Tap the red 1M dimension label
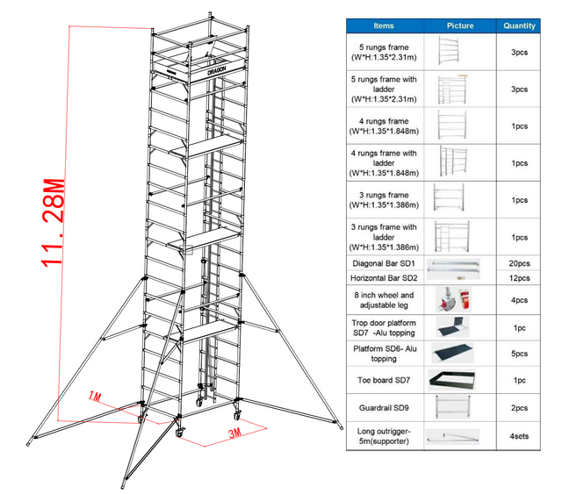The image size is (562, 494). pyautogui.click(x=97, y=397)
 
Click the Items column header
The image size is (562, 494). pyautogui.click(x=383, y=25)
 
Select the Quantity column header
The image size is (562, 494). pyautogui.click(x=520, y=25)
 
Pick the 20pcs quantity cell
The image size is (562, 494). pyautogui.click(x=520, y=263)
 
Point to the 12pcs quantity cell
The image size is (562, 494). pyautogui.click(x=520, y=278)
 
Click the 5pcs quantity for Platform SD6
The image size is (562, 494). pyautogui.click(x=520, y=354)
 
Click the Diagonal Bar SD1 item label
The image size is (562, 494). pyautogui.click(x=383, y=263)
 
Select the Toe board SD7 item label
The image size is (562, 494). pyautogui.click(x=383, y=380)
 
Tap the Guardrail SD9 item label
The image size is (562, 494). pyautogui.click(x=383, y=407)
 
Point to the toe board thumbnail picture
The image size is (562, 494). pyautogui.click(x=454, y=380)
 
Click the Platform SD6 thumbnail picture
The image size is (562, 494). pyautogui.click(x=454, y=354)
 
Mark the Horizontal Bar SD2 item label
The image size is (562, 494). pyautogui.click(x=383, y=278)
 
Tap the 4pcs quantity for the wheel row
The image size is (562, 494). pyautogui.click(x=520, y=301)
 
